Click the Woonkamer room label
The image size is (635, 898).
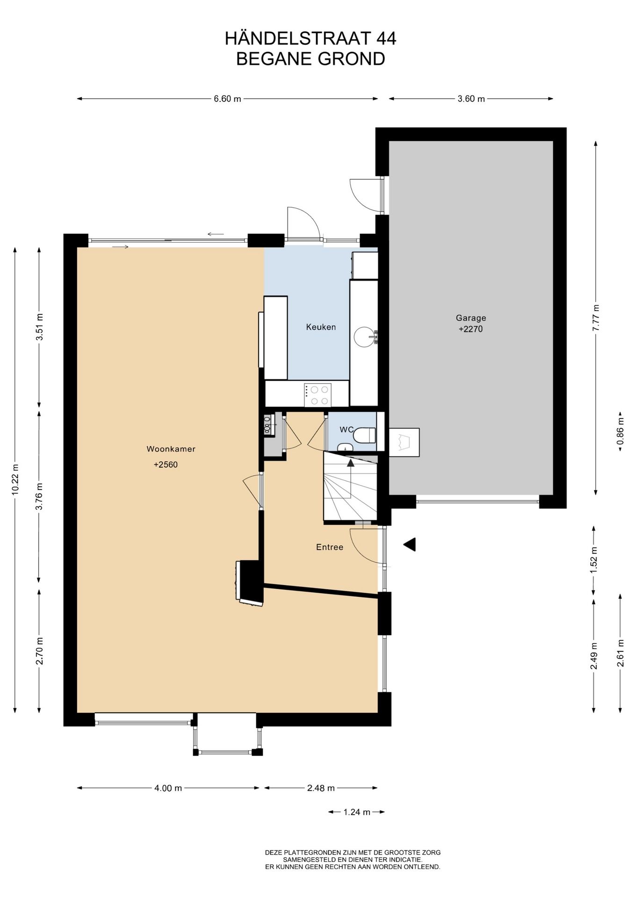point(171,449)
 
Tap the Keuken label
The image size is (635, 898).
point(321,327)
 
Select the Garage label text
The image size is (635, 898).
point(471,318)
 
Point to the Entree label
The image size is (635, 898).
point(330,547)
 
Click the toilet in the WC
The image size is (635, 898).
point(365,435)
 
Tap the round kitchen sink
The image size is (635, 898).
point(364,336)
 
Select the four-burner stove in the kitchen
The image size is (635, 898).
point(317,395)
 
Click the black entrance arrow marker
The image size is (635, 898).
point(410,544)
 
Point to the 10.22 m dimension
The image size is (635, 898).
point(15,479)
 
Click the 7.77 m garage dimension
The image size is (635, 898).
point(595,318)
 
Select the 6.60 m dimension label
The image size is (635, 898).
point(227,99)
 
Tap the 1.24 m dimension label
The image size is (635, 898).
point(357,812)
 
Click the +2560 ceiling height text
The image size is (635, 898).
point(166,465)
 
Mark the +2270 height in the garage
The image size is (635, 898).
point(470,329)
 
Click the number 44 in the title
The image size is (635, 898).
point(385,38)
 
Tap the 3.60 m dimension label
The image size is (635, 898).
point(471,99)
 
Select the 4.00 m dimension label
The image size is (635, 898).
point(168,788)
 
